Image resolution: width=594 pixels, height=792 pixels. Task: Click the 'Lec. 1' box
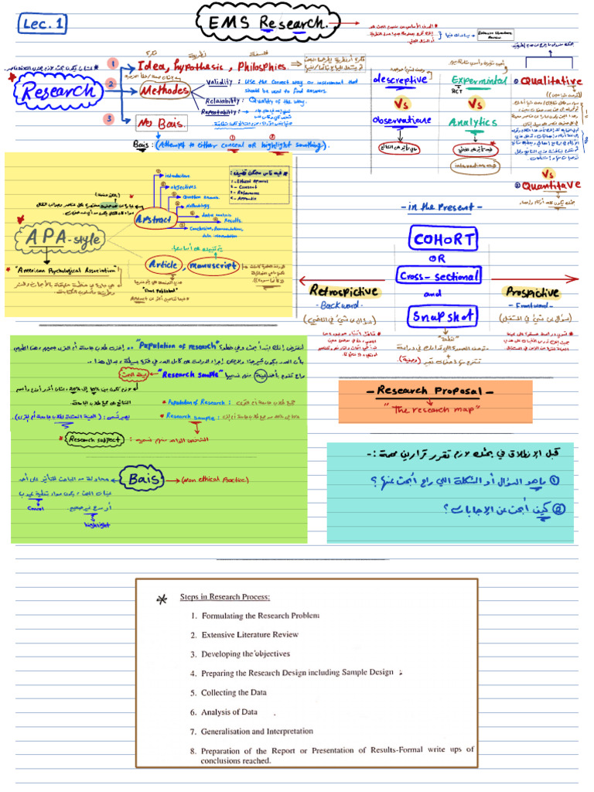[x=45, y=24]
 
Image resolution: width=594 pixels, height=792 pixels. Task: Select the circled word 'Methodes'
[x=165, y=91]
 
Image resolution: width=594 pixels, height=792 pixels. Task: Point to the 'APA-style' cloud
[x=64, y=238]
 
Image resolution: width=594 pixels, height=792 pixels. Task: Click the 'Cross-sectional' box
[x=440, y=275]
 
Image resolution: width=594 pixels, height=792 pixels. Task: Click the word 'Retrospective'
[x=343, y=291]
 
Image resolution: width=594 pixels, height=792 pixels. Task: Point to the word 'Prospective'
[x=533, y=292]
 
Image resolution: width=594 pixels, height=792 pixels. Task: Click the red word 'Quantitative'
[x=551, y=186]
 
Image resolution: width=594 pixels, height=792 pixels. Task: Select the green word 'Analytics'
[x=473, y=122]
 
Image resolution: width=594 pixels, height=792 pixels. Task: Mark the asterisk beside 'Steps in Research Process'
[x=161, y=599]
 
